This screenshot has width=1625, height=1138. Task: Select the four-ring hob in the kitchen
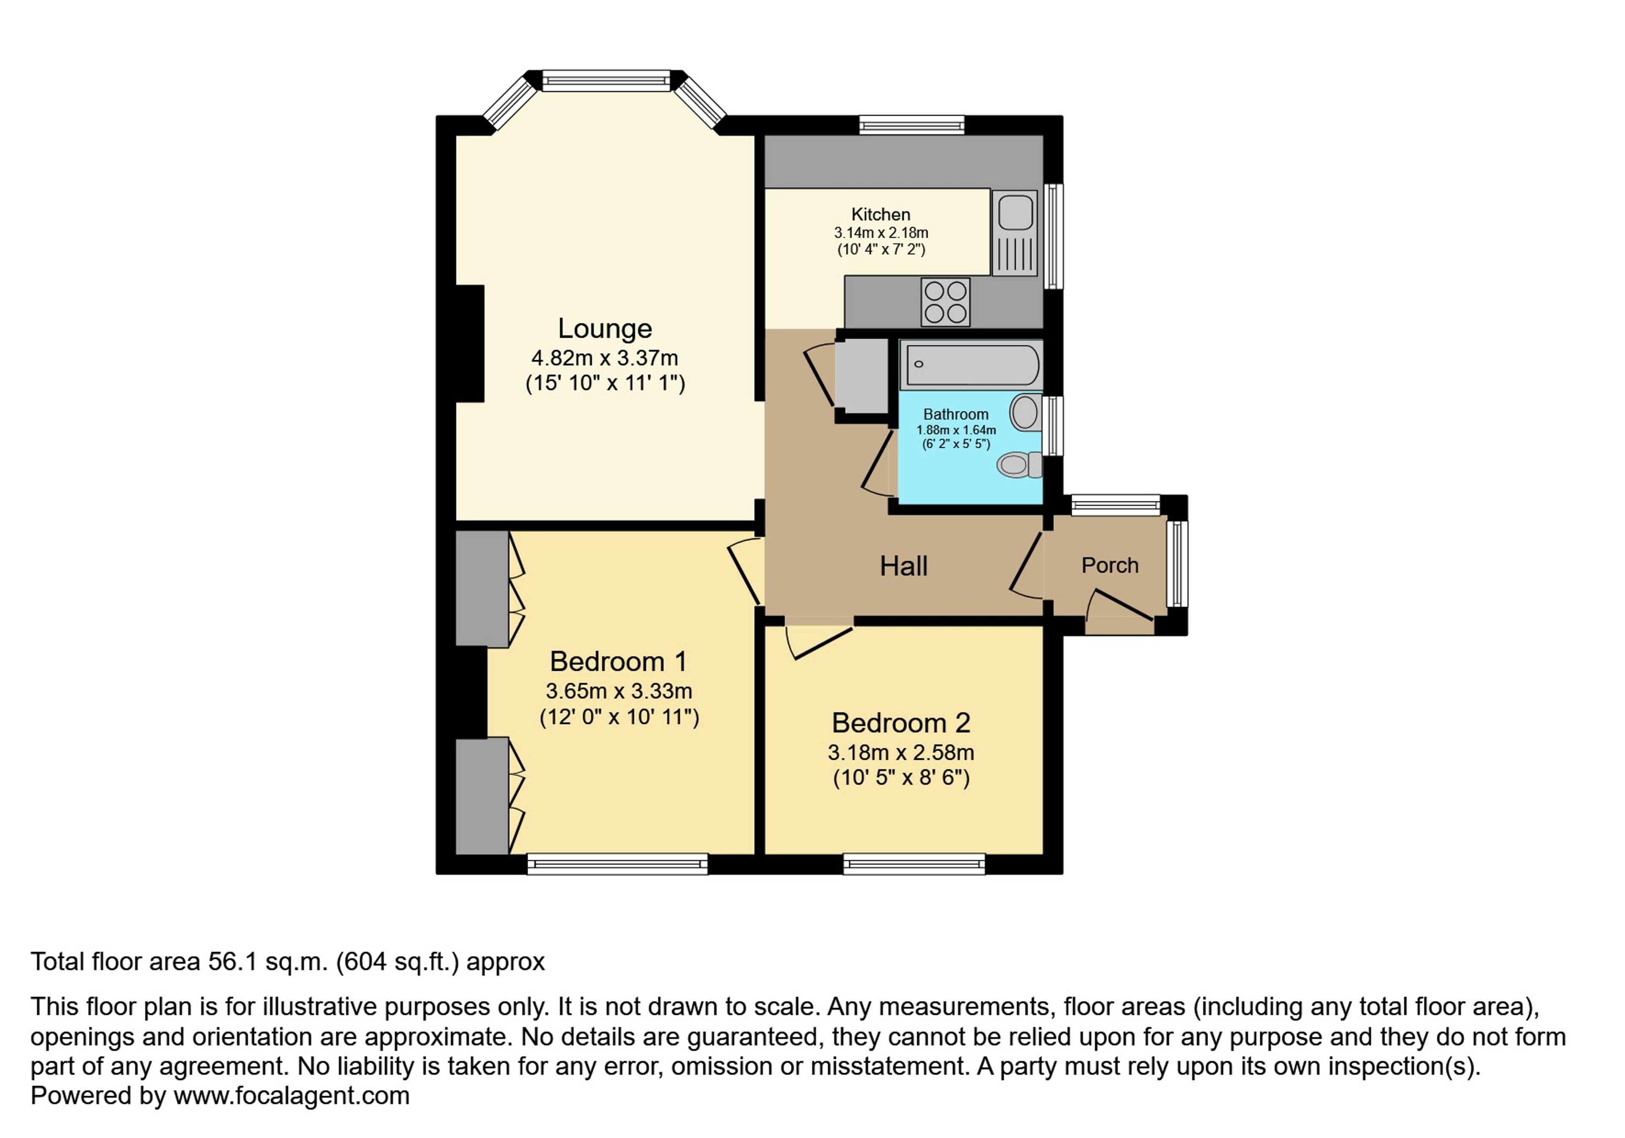pyautogui.click(x=945, y=302)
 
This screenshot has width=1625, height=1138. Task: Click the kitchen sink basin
pyautogui.click(x=1016, y=213)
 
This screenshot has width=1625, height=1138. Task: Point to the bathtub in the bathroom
pyautogui.click(x=972, y=364)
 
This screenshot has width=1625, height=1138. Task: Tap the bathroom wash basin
pyautogui.click(x=1025, y=413)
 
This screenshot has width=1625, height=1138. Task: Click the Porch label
pyautogui.click(x=1110, y=565)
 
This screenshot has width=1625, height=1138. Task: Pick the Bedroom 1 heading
pyautogui.click(x=618, y=662)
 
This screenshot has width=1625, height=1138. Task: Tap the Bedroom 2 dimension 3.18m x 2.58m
pyautogui.click(x=901, y=752)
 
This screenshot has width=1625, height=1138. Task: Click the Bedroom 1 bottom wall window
pyautogui.click(x=617, y=864)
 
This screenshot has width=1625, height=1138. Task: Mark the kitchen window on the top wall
pyautogui.click(x=912, y=125)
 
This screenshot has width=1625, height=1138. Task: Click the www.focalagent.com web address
pyautogui.click(x=292, y=1096)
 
